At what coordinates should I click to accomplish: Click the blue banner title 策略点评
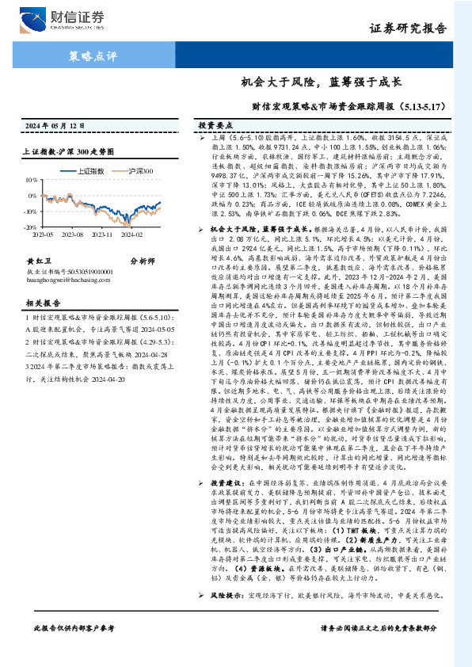(88, 56)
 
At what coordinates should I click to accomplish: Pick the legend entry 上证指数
(85, 170)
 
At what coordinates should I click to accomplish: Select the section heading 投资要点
(215, 126)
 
